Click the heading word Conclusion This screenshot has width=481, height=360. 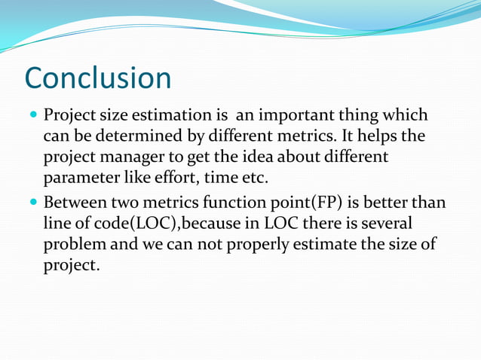[98, 78]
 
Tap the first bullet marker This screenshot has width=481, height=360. [31, 117]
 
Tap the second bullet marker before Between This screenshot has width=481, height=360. [31, 204]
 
